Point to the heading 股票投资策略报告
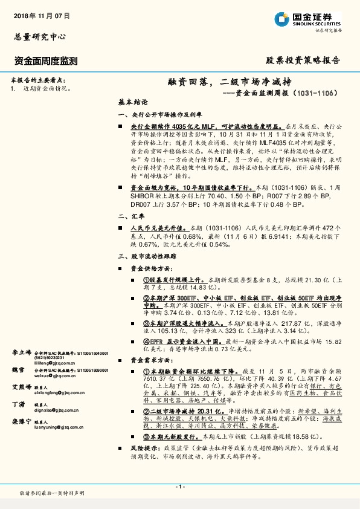(303, 60)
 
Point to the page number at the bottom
(179, 487)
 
